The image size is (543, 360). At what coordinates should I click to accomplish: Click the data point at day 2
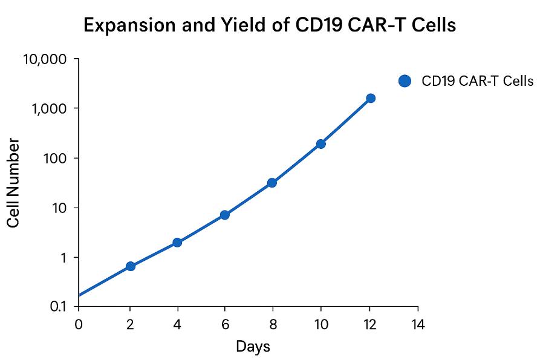130,266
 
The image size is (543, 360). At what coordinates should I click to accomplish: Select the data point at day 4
177,242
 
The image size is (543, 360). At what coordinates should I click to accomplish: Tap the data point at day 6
225,215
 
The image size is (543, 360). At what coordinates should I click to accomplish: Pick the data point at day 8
272,183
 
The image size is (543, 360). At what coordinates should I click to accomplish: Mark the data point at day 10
320,144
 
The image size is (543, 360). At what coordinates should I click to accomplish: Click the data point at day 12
371,98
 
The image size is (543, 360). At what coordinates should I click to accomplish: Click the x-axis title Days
253,347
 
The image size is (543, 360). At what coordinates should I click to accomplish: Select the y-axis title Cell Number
15,183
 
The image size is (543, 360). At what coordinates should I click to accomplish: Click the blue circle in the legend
405,81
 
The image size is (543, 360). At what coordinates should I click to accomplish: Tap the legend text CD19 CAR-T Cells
477,81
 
